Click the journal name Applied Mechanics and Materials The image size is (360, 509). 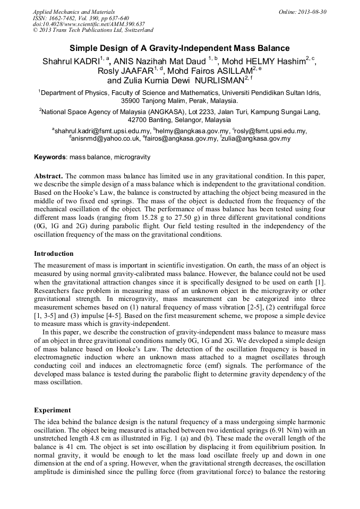73,12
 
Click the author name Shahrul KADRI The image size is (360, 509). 71,62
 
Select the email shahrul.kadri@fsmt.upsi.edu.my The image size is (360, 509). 102,131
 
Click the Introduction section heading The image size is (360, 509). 54,254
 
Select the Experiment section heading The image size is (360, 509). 53,410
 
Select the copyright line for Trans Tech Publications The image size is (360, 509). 93,30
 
